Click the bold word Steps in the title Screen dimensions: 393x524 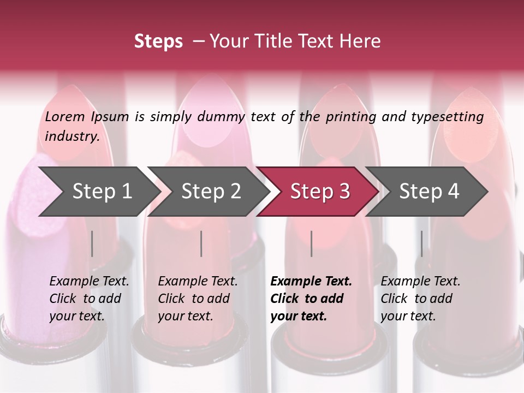pos(158,41)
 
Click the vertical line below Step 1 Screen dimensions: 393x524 pos(92,243)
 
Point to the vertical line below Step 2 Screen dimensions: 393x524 pos(201,243)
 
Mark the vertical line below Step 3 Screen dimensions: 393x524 pos(312,243)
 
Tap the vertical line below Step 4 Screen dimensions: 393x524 pos(421,243)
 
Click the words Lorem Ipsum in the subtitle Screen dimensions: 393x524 pos(87,117)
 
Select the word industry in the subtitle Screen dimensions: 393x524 pos(72,136)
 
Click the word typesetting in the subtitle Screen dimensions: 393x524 pos(447,117)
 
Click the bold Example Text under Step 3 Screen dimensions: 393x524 pos(311,282)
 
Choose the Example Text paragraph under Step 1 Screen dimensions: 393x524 pos(89,299)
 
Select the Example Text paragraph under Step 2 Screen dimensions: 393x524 pos(198,299)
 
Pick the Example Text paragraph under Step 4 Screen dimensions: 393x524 pos(420,299)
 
